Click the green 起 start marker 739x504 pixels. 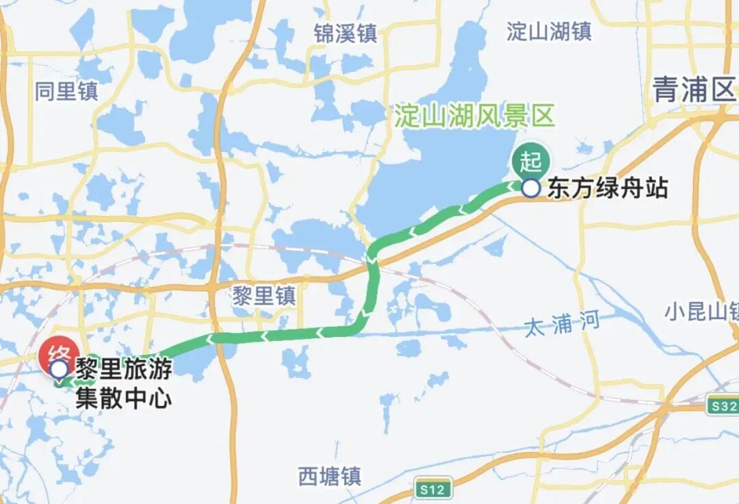coord(530,162)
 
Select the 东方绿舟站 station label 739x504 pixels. coord(607,188)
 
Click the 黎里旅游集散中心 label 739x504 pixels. coord(123,383)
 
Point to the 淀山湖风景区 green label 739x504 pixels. coord(474,116)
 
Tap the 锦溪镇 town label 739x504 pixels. coord(346,33)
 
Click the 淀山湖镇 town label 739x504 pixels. coord(549,31)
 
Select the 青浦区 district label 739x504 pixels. coord(693,90)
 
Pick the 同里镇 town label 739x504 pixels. coord(67,91)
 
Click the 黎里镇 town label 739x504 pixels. coord(264,296)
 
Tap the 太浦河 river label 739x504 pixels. coord(562,323)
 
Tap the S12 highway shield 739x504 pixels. coord(433,490)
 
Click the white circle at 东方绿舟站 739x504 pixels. coord(530,188)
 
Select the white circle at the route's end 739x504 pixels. coord(59,370)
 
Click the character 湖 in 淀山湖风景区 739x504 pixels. coord(475,116)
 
